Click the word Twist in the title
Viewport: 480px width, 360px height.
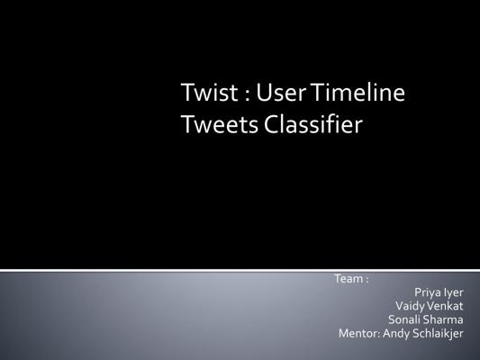tap(210, 92)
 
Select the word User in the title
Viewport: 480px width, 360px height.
tap(281, 92)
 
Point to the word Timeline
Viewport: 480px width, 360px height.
tap(358, 92)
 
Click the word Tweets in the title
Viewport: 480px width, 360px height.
tap(220, 125)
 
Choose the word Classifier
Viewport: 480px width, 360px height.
tap(313, 124)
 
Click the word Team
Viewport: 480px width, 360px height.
tap(348, 279)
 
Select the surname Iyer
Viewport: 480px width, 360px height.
tap(453, 292)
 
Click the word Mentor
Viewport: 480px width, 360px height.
tap(359, 333)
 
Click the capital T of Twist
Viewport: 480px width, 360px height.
tap(186, 92)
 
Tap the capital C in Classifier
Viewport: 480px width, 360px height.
tap(271, 125)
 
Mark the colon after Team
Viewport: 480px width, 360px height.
tap(367, 280)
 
